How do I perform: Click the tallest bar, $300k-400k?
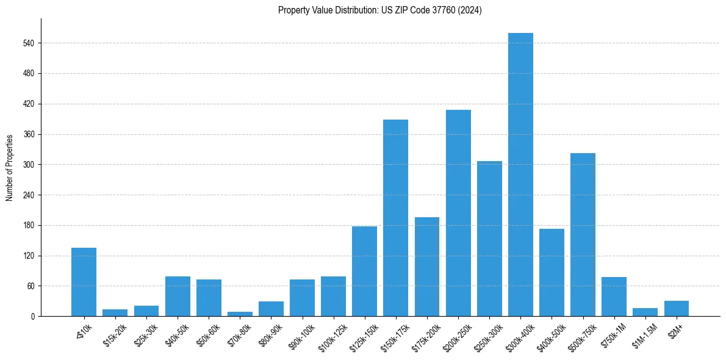click(520, 175)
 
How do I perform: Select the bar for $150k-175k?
click(395, 218)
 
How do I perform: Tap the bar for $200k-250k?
click(458, 213)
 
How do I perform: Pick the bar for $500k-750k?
click(583, 234)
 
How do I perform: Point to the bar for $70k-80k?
click(240, 314)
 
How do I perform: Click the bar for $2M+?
click(677, 309)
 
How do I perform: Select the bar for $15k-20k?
click(115, 313)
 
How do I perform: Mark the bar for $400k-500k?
click(552, 272)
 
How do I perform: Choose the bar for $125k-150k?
click(364, 271)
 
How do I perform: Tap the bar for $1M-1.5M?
click(645, 312)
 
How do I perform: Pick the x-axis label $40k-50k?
click(177, 334)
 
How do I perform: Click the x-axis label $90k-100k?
click(301, 336)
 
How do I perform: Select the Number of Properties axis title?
click(9, 167)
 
